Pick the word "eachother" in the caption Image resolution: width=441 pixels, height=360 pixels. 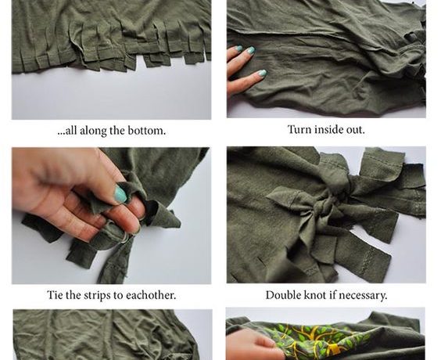point(151,295)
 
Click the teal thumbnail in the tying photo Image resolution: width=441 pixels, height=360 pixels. point(120,194)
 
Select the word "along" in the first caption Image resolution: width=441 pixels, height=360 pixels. point(93,131)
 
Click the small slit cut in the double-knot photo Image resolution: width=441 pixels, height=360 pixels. point(262,261)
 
